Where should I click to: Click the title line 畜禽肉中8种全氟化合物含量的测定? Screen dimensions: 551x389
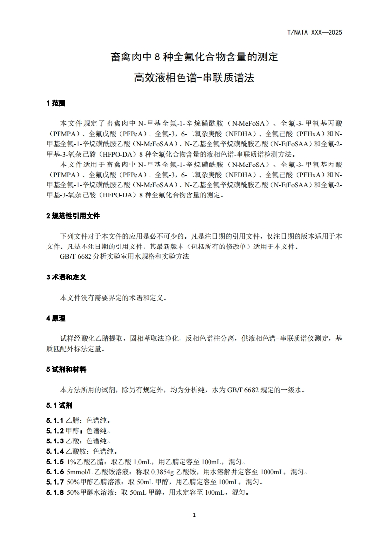[x=194, y=57]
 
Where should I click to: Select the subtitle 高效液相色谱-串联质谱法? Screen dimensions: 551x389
[x=194, y=78]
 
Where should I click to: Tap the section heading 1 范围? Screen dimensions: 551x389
[x=56, y=103]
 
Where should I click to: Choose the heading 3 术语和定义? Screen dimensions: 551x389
[x=66, y=277]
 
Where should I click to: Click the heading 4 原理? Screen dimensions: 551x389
[x=56, y=318]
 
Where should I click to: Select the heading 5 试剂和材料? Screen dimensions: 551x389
[x=66, y=369]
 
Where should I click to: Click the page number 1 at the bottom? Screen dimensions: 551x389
[x=195, y=515]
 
